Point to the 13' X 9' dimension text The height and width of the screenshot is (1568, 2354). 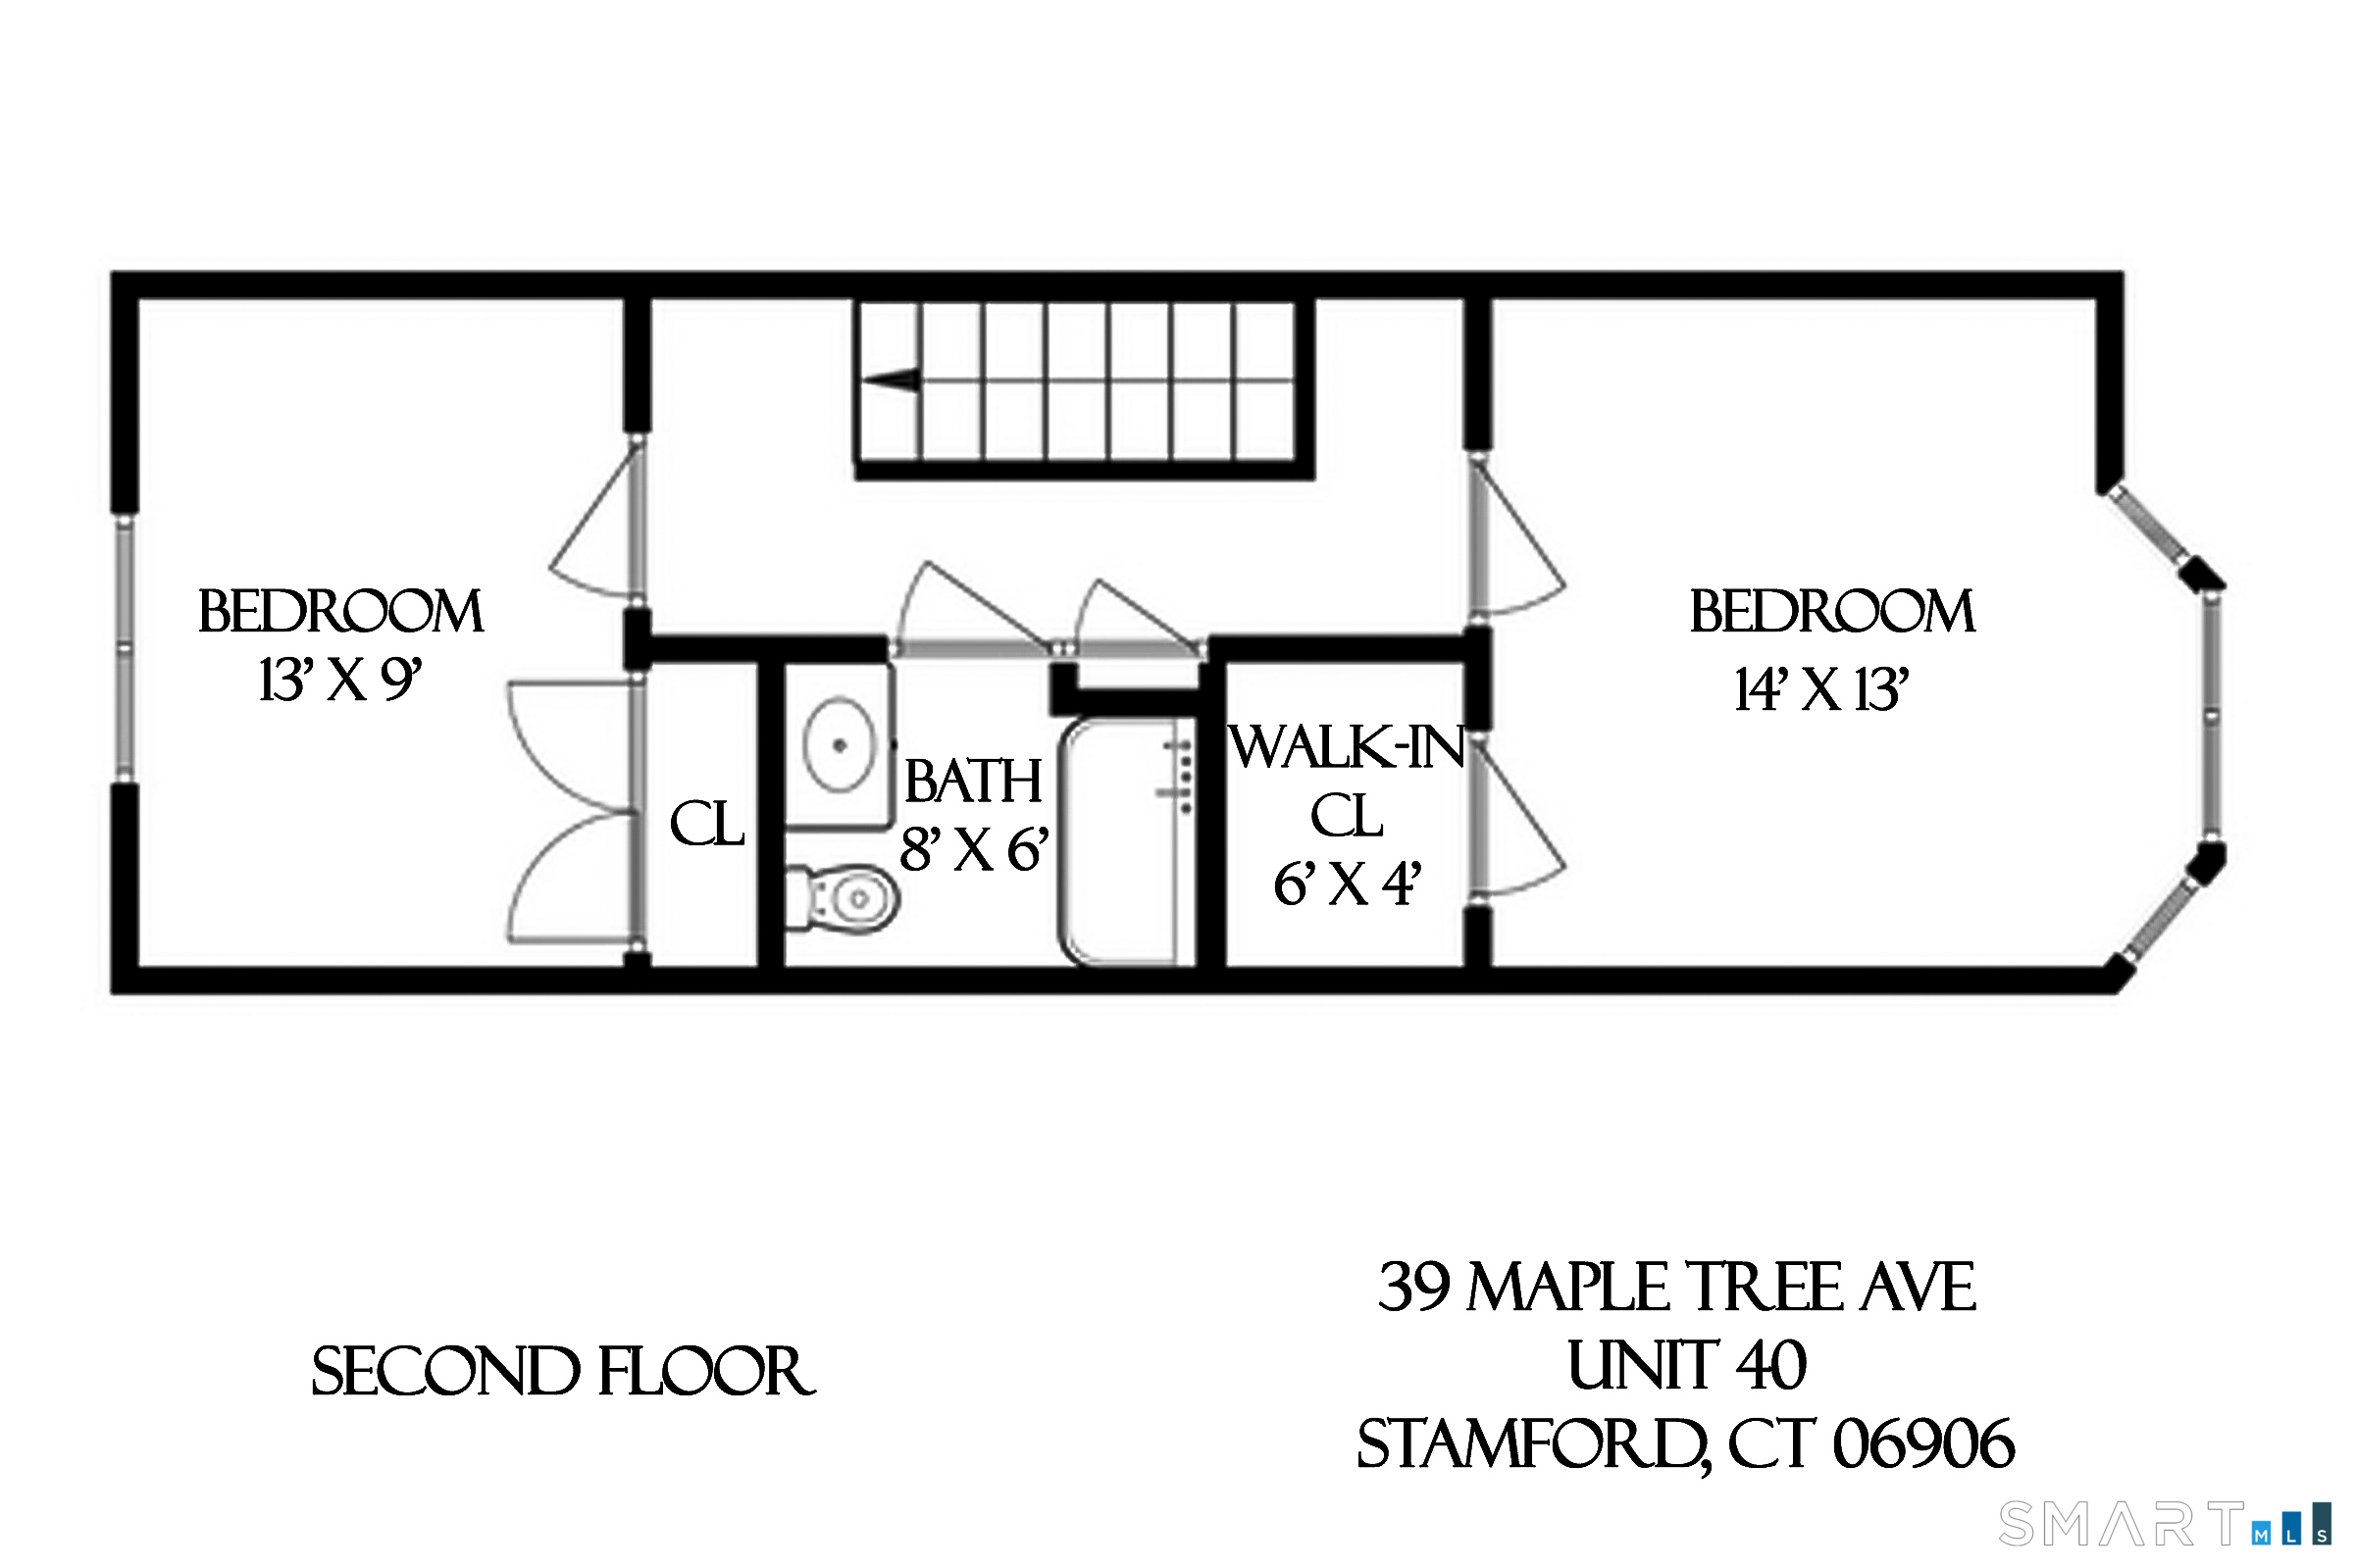click(x=340, y=681)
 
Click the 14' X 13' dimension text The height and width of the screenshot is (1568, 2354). click(x=1821, y=690)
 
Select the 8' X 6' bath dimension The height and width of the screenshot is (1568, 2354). click(x=973, y=850)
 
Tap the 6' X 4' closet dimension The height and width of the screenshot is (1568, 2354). click(x=1346, y=884)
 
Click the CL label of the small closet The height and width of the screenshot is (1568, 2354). click(x=707, y=825)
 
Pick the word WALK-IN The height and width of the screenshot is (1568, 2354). click(x=1347, y=748)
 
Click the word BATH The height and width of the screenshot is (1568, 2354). click(x=973, y=781)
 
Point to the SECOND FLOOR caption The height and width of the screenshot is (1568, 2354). click(x=563, y=1372)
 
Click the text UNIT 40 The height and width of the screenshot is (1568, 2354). click(x=1686, y=1366)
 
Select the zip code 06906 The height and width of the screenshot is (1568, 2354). click(x=1922, y=1444)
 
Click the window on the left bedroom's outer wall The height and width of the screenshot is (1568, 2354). click(x=124, y=648)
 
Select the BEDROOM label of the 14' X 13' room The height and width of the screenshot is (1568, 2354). click(x=1831, y=612)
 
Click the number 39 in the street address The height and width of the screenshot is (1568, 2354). click(x=1413, y=1287)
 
